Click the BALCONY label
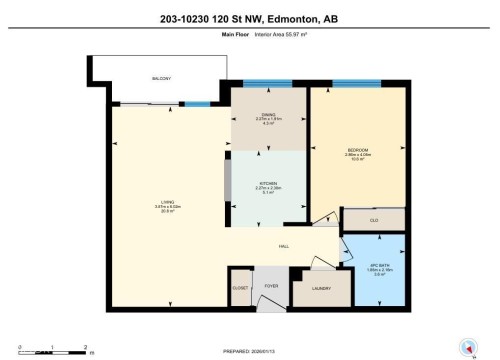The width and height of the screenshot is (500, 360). point(161,78)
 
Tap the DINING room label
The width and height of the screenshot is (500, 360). point(268,116)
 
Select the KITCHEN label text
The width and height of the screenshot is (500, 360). point(268,184)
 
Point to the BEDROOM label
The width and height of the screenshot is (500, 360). point(358,150)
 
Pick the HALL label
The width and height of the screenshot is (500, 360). point(284,244)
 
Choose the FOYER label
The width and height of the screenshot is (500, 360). point(270,286)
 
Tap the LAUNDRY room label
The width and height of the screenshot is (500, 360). point(321,289)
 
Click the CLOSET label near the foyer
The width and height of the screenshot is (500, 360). point(240,289)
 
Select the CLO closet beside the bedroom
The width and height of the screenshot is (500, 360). point(374,218)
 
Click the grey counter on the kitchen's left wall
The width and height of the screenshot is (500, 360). point(228,183)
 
